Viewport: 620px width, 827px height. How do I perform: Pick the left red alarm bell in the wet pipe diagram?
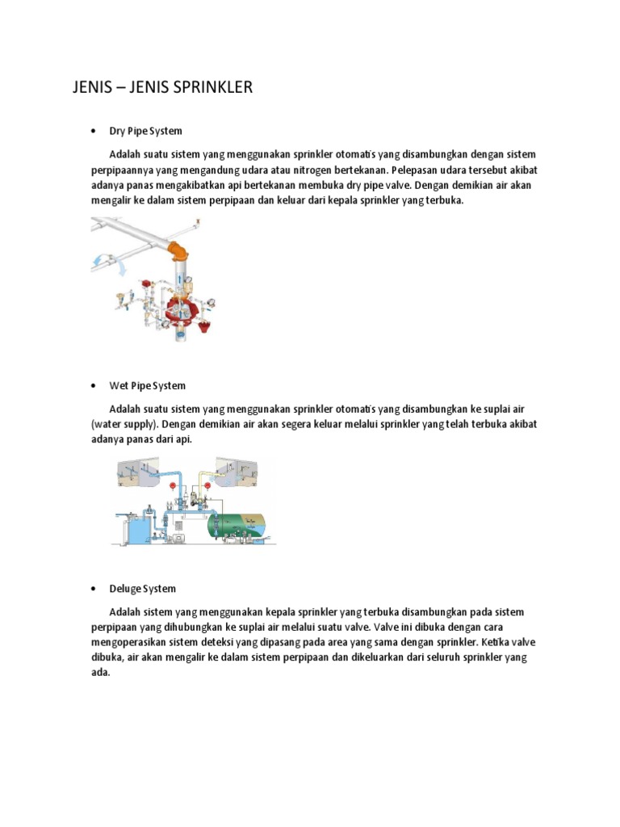172,485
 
